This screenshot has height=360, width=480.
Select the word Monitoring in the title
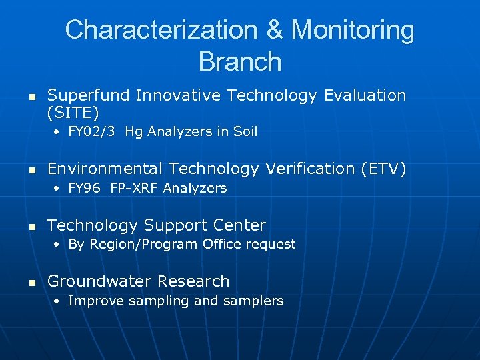tap(353, 30)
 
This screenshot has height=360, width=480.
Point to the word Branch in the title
tap(240, 62)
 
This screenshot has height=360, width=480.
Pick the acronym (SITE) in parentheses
tap(73, 111)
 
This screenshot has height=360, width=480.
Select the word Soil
tap(245, 132)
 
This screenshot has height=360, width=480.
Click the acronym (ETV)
tap(383, 169)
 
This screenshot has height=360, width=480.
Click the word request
tap(271, 245)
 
